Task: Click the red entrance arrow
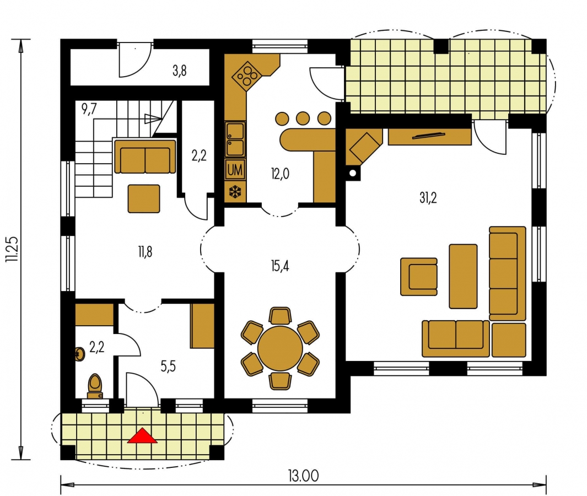point(142,436)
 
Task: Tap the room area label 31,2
point(428,198)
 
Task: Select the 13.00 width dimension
point(303,476)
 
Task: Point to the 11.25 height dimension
point(12,249)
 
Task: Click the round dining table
point(280,348)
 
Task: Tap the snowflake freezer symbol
point(235,192)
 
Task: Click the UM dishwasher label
point(235,170)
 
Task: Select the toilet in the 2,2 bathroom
point(95,386)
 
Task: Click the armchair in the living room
point(419,277)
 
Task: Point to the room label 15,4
point(280,266)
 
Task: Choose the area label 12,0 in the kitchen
point(280,174)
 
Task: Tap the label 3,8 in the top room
point(180,71)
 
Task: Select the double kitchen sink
point(235,139)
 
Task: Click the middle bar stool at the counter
point(303,118)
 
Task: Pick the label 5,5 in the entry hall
point(168,366)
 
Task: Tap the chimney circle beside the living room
point(353,173)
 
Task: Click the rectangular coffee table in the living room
point(463,276)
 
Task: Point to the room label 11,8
point(146,252)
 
